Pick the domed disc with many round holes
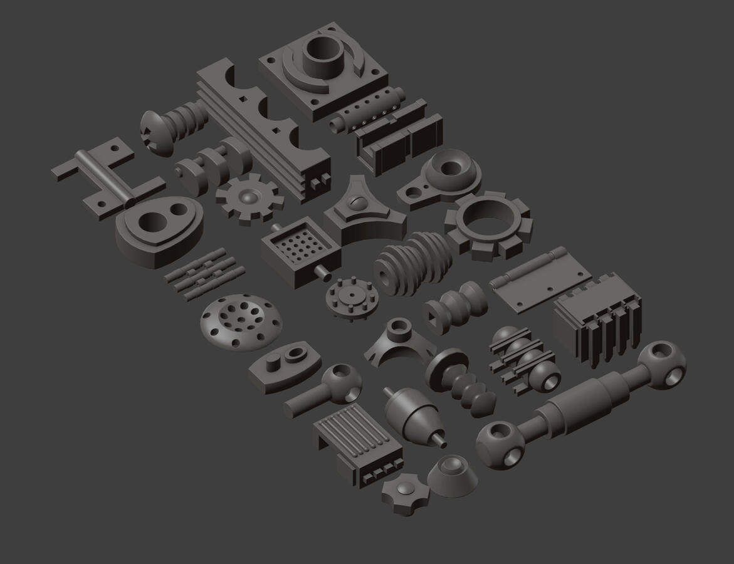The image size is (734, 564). pos(241,321)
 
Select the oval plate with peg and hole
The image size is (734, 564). pos(285,367)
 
